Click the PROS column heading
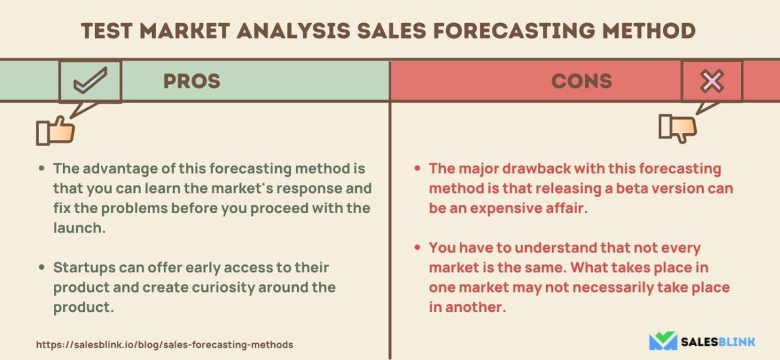click(191, 81)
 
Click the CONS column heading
click(581, 81)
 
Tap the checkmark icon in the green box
click(90, 81)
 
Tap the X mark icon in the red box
click(711, 81)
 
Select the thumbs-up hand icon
click(56, 130)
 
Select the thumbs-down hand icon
click(677, 127)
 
